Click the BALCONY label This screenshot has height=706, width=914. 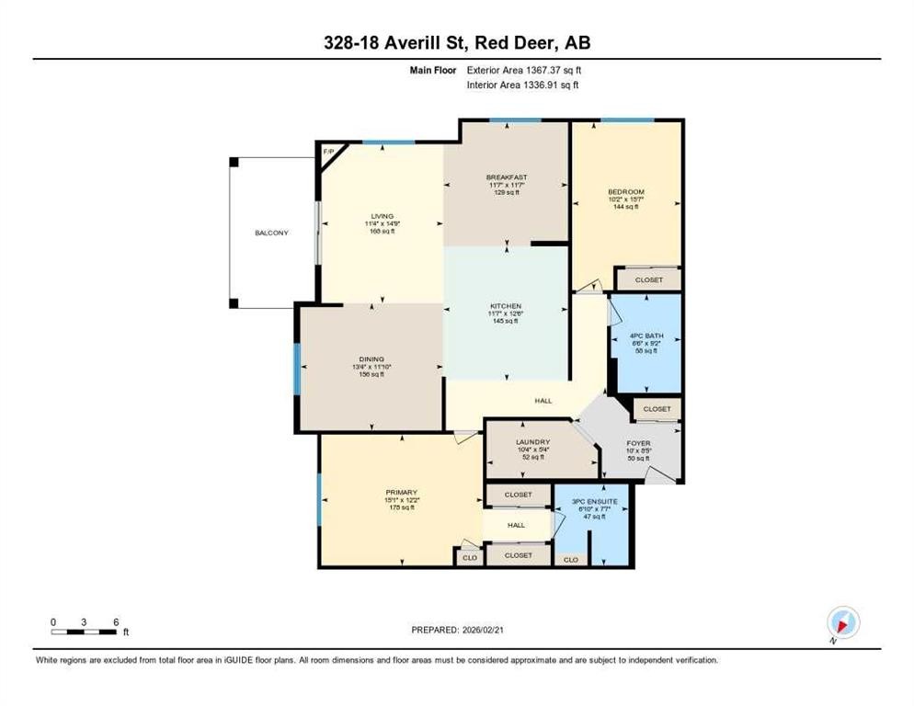coord(271,233)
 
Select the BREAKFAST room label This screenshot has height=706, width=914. coord(506,177)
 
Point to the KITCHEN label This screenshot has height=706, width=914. coord(506,306)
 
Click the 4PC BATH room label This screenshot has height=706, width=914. coord(647,336)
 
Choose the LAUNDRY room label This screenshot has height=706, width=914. coord(533,441)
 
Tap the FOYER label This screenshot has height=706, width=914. coord(638,443)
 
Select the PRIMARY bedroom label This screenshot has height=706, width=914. coord(401,492)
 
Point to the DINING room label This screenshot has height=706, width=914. coord(371,359)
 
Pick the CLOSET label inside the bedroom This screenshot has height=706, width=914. coord(648,279)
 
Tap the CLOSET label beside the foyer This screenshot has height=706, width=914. coord(657,408)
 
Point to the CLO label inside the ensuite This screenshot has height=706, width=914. coord(570,559)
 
